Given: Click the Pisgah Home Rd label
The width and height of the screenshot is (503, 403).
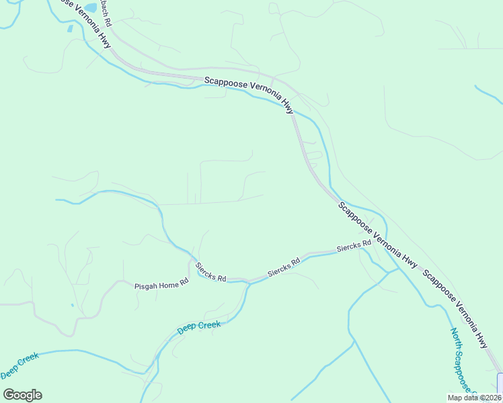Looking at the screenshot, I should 161,285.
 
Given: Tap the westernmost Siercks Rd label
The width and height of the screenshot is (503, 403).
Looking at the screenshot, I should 210,271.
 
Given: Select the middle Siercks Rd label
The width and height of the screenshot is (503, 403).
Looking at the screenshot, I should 283,267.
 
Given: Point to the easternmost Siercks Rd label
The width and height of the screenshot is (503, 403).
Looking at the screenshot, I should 354,246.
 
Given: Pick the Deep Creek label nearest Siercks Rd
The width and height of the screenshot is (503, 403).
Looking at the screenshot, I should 198,328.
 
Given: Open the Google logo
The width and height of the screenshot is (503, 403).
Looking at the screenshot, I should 22,395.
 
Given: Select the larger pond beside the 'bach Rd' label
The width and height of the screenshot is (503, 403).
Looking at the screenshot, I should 90,27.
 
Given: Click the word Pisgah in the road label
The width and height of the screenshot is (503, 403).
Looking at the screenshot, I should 145,285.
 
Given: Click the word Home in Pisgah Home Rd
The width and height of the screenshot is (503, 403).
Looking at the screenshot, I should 170,285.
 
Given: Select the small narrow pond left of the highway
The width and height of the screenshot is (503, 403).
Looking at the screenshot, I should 70,29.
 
